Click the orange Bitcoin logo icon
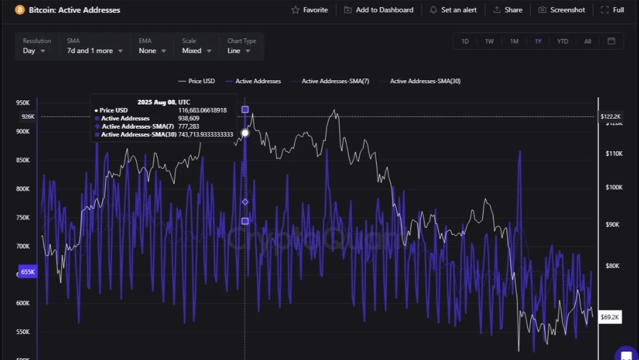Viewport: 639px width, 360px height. click(20, 10)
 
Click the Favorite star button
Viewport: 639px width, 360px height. click(309, 10)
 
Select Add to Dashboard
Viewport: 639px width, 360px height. click(379, 10)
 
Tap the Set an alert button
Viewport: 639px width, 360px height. click(453, 10)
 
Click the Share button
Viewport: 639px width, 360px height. click(507, 10)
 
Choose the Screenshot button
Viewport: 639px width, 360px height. click(562, 10)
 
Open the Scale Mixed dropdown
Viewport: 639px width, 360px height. click(197, 51)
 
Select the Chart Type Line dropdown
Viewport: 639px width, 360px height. click(239, 51)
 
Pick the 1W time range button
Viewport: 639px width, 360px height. click(490, 41)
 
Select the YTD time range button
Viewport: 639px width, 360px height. click(562, 41)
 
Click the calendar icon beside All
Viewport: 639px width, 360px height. click(611, 41)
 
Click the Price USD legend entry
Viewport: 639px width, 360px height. click(197, 81)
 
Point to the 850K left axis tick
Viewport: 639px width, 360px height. click(22, 161)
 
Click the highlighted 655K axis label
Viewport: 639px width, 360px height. click(28, 272)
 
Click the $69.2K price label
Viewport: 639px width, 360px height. click(609, 318)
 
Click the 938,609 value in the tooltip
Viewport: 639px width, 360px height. click(189, 119)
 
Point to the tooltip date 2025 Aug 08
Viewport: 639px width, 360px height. click(164, 102)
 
